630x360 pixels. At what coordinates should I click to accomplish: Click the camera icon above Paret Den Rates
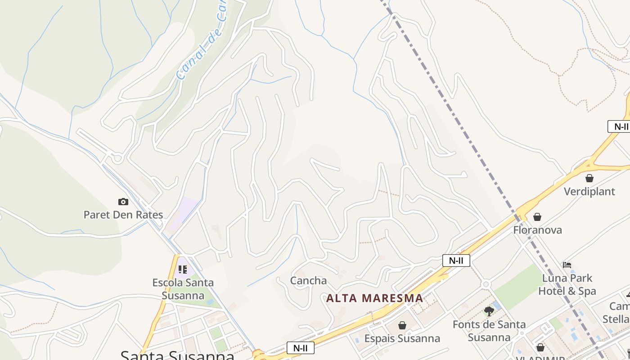pyautogui.click(x=123, y=202)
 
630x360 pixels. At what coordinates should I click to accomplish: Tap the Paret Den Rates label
pyautogui.click(x=123, y=215)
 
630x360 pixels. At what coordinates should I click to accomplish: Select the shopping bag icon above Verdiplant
pyautogui.click(x=589, y=178)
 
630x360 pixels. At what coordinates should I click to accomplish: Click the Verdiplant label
pyautogui.click(x=589, y=191)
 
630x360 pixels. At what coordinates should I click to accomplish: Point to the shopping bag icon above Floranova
pyautogui.click(x=537, y=217)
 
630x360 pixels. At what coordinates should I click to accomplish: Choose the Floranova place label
pyautogui.click(x=537, y=230)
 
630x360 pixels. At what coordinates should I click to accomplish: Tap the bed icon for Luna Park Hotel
pyautogui.click(x=567, y=265)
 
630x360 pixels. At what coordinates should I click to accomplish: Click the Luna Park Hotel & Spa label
pyautogui.click(x=567, y=284)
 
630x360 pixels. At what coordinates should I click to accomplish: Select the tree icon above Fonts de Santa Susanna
pyautogui.click(x=489, y=311)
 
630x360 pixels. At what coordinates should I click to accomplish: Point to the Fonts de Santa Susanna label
pyautogui.click(x=489, y=331)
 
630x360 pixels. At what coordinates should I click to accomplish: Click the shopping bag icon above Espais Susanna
pyautogui.click(x=402, y=325)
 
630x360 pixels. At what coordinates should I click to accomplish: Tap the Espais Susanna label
pyautogui.click(x=402, y=338)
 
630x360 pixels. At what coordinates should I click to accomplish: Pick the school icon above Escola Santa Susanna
pyautogui.click(x=183, y=270)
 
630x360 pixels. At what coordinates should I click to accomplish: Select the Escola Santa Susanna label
pyautogui.click(x=183, y=289)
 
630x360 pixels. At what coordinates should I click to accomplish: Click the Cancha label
pyautogui.click(x=308, y=281)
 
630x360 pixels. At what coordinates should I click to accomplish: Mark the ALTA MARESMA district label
pyautogui.click(x=374, y=298)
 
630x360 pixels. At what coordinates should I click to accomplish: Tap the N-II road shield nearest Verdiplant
pyautogui.click(x=621, y=126)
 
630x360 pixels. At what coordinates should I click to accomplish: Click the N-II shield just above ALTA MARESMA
pyautogui.click(x=456, y=260)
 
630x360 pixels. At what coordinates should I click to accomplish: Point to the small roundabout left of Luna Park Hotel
pyautogui.click(x=486, y=284)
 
